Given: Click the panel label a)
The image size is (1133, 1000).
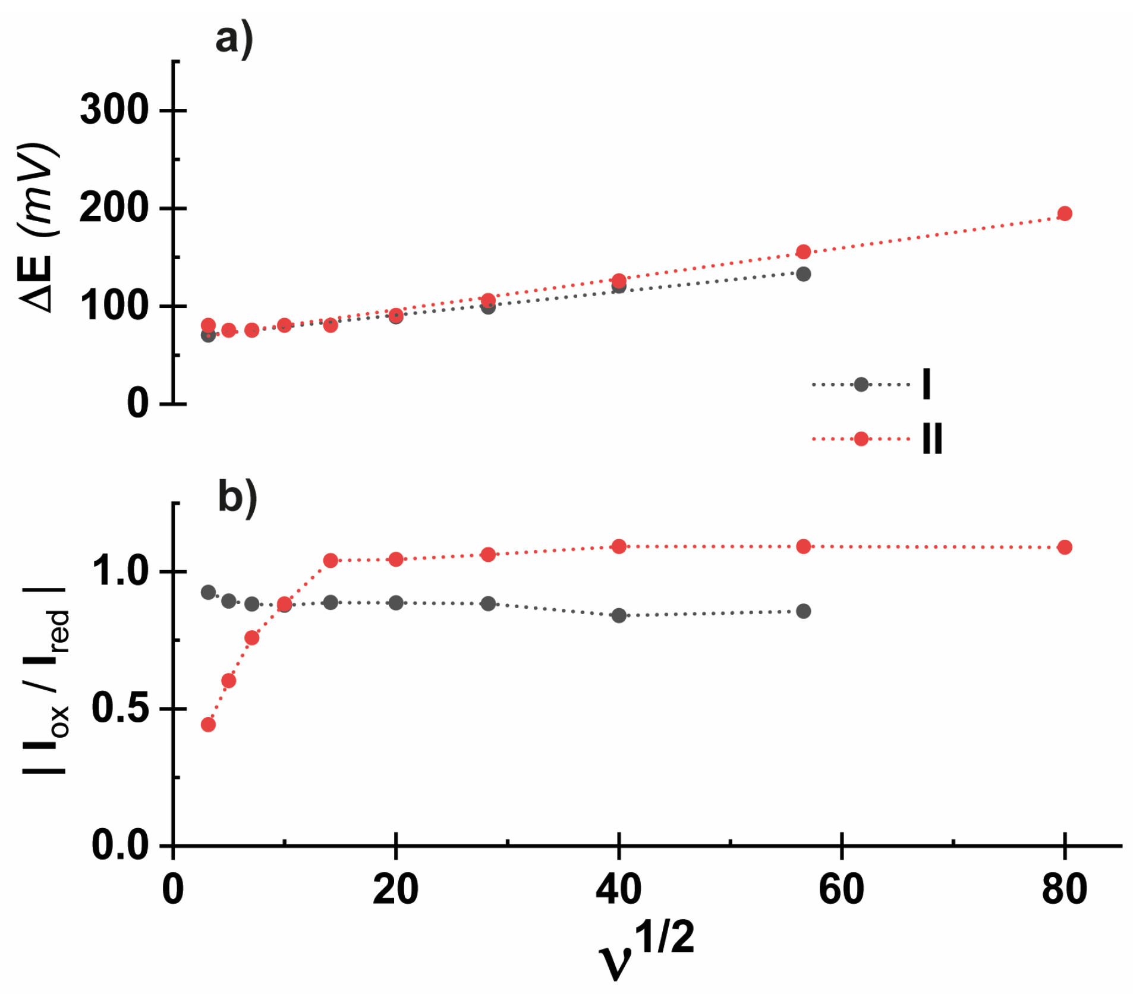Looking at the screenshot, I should point(234,40).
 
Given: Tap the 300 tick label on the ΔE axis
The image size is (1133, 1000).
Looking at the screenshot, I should point(114,110).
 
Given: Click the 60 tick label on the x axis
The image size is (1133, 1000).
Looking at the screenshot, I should point(841,890).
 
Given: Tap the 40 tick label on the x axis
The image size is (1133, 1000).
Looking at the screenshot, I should point(618,890).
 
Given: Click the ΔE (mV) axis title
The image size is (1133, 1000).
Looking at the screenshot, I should point(39,227).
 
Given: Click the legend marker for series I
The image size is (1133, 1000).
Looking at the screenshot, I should point(861,385).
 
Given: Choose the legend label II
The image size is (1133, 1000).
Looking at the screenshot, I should point(931,439).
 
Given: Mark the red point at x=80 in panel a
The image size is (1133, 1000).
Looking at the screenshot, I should point(1064,213).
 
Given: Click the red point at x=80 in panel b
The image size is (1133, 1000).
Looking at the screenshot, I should point(1064,547).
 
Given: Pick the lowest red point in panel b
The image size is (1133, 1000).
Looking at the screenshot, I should point(208,724).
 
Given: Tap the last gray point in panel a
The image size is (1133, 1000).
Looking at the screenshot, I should point(803,274).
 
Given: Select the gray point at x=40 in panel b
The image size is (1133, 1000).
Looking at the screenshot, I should point(619,615).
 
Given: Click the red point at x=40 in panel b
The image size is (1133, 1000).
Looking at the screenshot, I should point(619,546).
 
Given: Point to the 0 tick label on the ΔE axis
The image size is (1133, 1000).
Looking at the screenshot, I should point(138,404).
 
